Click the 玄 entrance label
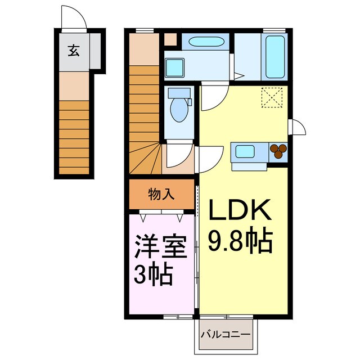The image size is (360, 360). (x=74, y=51)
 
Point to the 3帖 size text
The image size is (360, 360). (x=153, y=275)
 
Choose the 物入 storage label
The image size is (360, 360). (x=161, y=195)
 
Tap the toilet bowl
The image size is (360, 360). (x=179, y=108)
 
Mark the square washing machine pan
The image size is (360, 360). (x=175, y=67)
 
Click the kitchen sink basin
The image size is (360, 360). (x=245, y=151)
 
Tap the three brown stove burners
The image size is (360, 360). (x=278, y=150)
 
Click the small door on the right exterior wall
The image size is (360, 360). (x=296, y=128)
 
